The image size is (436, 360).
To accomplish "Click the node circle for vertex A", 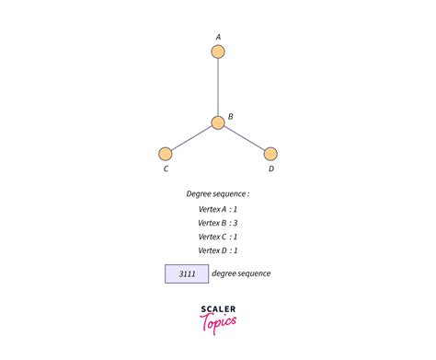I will (x=218, y=52).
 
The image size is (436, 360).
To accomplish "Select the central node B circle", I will (x=218, y=122).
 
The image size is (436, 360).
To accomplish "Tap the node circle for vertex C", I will (x=166, y=154).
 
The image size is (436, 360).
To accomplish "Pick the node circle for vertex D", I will (x=270, y=154).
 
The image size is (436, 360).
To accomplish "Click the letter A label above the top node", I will (x=218, y=37).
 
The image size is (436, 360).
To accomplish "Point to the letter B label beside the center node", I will (x=230, y=116).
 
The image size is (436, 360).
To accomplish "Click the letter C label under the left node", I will (x=166, y=168).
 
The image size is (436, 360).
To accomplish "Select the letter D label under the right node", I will (x=270, y=168).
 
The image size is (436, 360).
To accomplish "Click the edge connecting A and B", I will (x=218, y=87).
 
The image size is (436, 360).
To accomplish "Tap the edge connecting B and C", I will (x=191, y=138).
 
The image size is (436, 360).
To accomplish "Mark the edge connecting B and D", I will (x=245, y=138).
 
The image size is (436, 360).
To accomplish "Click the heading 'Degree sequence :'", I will (x=218, y=194).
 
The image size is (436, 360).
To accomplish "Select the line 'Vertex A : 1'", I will (x=218, y=209).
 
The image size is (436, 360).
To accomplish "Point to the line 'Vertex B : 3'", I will (x=218, y=222).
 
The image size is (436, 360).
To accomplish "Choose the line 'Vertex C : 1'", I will (x=218, y=236).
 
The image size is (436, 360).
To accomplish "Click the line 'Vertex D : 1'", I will (x=218, y=250).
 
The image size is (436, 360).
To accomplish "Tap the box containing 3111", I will (x=187, y=273).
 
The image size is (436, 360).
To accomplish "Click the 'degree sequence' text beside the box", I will (x=241, y=273).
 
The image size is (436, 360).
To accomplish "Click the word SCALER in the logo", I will (x=218, y=309).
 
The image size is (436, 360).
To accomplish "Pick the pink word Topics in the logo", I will (x=218, y=322).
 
